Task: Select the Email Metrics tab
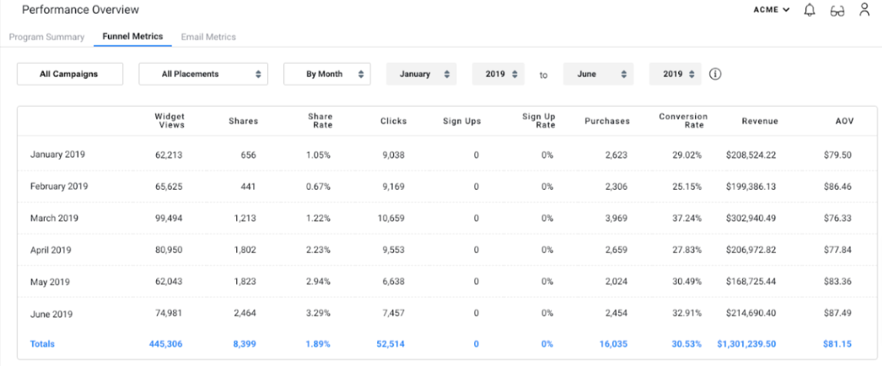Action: pos(208,37)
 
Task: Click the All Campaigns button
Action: pos(68,74)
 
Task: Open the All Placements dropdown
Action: pos(203,74)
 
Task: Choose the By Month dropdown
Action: pos(326,74)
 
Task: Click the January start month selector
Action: pos(421,74)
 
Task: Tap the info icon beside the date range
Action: pos(715,74)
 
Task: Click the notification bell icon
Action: pos(809,10)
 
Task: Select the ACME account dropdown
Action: pos(771,10)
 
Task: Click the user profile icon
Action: pos(864,10)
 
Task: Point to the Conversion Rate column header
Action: pos(683,121)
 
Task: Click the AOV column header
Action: pos(844,121)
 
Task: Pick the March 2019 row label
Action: pos(54,218)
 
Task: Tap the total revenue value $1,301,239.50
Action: pos(746,344)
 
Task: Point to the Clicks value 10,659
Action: pos(391,218)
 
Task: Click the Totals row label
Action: pos(42,344)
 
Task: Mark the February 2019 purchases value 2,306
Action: pos(613,186)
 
